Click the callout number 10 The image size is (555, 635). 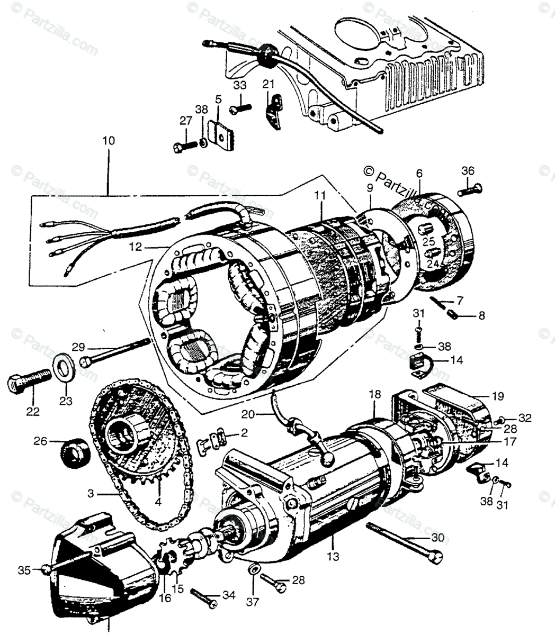click(109, 141)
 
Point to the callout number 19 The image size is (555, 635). click(497, 396)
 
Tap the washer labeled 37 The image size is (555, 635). click(254, 570)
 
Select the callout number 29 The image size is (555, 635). click(78, 347)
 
